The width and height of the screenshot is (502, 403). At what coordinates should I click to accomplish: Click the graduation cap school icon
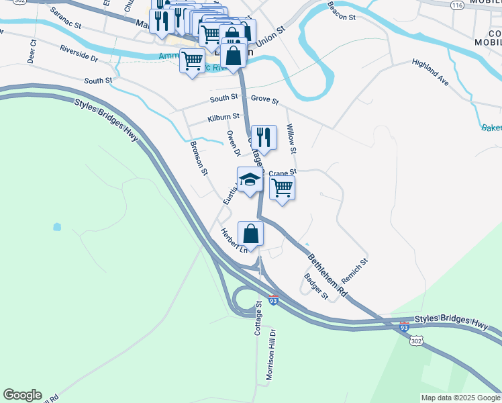point(250,179)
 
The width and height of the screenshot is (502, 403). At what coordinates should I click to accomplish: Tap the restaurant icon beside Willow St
point(264,137)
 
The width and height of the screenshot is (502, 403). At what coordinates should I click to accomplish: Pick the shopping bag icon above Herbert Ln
point(250,234)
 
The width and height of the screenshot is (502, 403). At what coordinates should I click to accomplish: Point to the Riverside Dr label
point(79,53)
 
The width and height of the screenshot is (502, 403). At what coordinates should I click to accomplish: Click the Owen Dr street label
point(234,143)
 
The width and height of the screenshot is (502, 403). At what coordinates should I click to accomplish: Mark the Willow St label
point(291,137)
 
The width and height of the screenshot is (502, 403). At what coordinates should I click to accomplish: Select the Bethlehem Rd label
point(328,275)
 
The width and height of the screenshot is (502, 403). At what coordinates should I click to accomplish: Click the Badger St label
point(315,286)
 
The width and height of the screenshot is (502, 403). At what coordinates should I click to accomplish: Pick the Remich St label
point(354,269)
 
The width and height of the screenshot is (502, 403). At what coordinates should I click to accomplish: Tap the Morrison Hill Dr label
point(271,355)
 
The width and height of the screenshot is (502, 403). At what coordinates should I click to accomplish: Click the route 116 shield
point(458,5)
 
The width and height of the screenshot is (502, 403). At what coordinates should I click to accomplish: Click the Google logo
point(22,395)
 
